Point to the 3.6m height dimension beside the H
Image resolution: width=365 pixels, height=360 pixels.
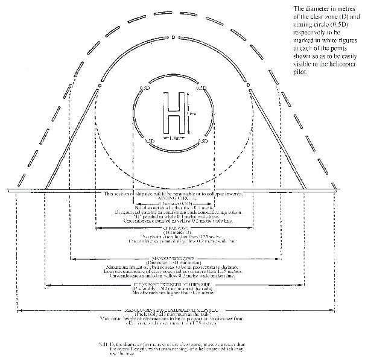click(x=189, y=113)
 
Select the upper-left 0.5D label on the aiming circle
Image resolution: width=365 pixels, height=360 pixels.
click(x=145, y=88)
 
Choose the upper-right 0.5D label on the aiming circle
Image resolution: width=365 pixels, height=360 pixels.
click(x=202, y=88)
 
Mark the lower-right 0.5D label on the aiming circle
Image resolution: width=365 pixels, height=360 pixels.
click(x=203, y=141)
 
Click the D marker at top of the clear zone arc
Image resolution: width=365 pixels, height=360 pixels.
click(x=173, y=38)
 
